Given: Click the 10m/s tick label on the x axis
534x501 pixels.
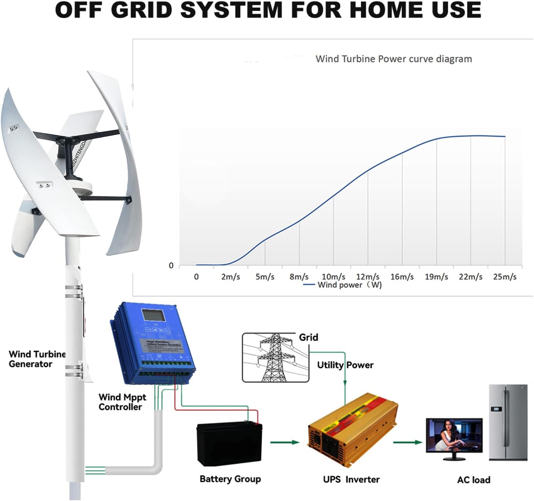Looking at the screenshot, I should click(x=333, y=277).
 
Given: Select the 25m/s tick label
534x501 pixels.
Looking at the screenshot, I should click(x=505, y=277).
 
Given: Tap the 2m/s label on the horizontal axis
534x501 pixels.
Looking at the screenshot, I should click(x=230, y=277).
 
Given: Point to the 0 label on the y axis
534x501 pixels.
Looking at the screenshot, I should click(x=171, y=266).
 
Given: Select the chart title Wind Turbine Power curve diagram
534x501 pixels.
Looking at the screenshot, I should click(x=394, y=59).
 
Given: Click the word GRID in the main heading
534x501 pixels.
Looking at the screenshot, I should click(x=141, y=10).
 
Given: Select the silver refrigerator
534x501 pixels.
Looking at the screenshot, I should click(x=508, y=422).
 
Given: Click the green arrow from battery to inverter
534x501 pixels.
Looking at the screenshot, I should click(x=284, y=442).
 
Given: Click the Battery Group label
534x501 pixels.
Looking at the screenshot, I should click(x=230, y=479).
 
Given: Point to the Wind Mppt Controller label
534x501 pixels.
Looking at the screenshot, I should click(x=122, y=402).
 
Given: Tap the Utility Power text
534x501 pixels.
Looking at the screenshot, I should click(x=345, y=365).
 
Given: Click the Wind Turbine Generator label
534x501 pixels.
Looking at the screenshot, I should click(x=37, y=359).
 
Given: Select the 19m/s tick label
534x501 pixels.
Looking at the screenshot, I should click(x=436, y=277).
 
